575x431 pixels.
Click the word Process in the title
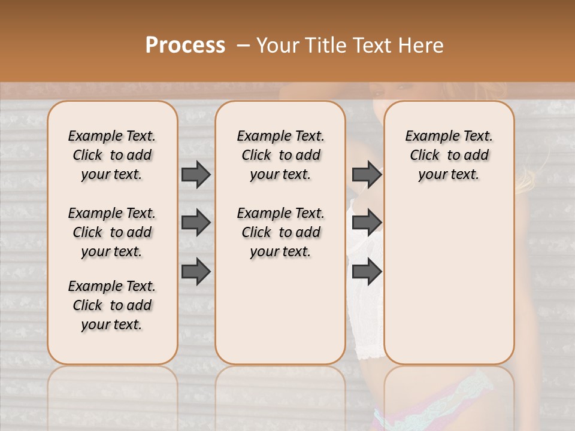[185, 45]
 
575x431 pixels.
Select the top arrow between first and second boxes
[196, 174]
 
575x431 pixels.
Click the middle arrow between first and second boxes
[196, 223]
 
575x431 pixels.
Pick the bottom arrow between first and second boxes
[196, 271]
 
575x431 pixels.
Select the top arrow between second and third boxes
[367, 174]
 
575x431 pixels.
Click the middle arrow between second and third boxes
[367, 223]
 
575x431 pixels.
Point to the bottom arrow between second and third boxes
[367, 271]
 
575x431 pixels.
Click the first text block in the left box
[112, 155]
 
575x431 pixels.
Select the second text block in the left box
[112, 232]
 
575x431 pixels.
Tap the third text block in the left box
[112, 305]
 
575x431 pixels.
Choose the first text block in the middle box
[280, 155]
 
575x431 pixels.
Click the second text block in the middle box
[280, 232]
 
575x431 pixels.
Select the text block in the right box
[449, 155]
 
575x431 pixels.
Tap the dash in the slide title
[244, 45]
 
